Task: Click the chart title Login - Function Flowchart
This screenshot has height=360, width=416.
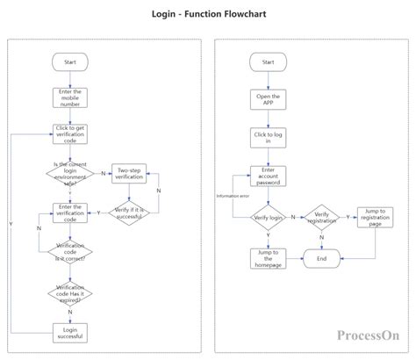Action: tap(208, 15)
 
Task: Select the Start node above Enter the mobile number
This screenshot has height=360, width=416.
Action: tap(70, 62)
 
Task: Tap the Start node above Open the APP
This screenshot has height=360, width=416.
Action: tap(268, 62)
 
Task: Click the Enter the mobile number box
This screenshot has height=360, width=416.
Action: tap(70, 97)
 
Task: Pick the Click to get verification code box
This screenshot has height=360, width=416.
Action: tap(70, 134)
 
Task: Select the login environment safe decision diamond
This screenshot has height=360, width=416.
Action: tap(70, 173)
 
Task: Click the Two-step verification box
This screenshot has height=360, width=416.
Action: tap(129, 173)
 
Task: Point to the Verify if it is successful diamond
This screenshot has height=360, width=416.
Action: tap(129, 211)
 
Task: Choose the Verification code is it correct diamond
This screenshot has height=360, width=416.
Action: tap(70, 251)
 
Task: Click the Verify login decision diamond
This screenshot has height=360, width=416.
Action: tap(268, 215)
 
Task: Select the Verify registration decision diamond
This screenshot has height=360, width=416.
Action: tap(322, 215)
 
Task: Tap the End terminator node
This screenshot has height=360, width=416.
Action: tap(322, 258)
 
